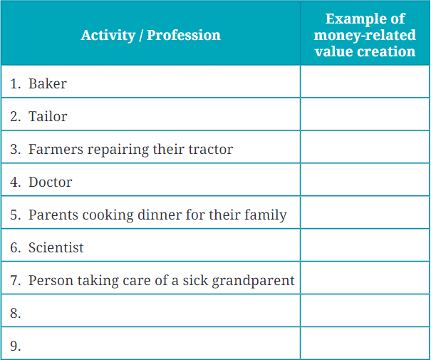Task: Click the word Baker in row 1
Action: point(47,83)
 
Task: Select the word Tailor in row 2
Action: point(48,116)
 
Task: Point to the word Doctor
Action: point(50,182)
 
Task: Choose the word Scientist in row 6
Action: point(56,247)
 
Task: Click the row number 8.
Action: point(16,313)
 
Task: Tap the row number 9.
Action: point(16,346)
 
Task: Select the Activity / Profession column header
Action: point(150,35)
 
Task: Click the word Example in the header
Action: point(365,19)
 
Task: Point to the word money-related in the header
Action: point(365,35)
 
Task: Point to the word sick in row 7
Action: point(189,280)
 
